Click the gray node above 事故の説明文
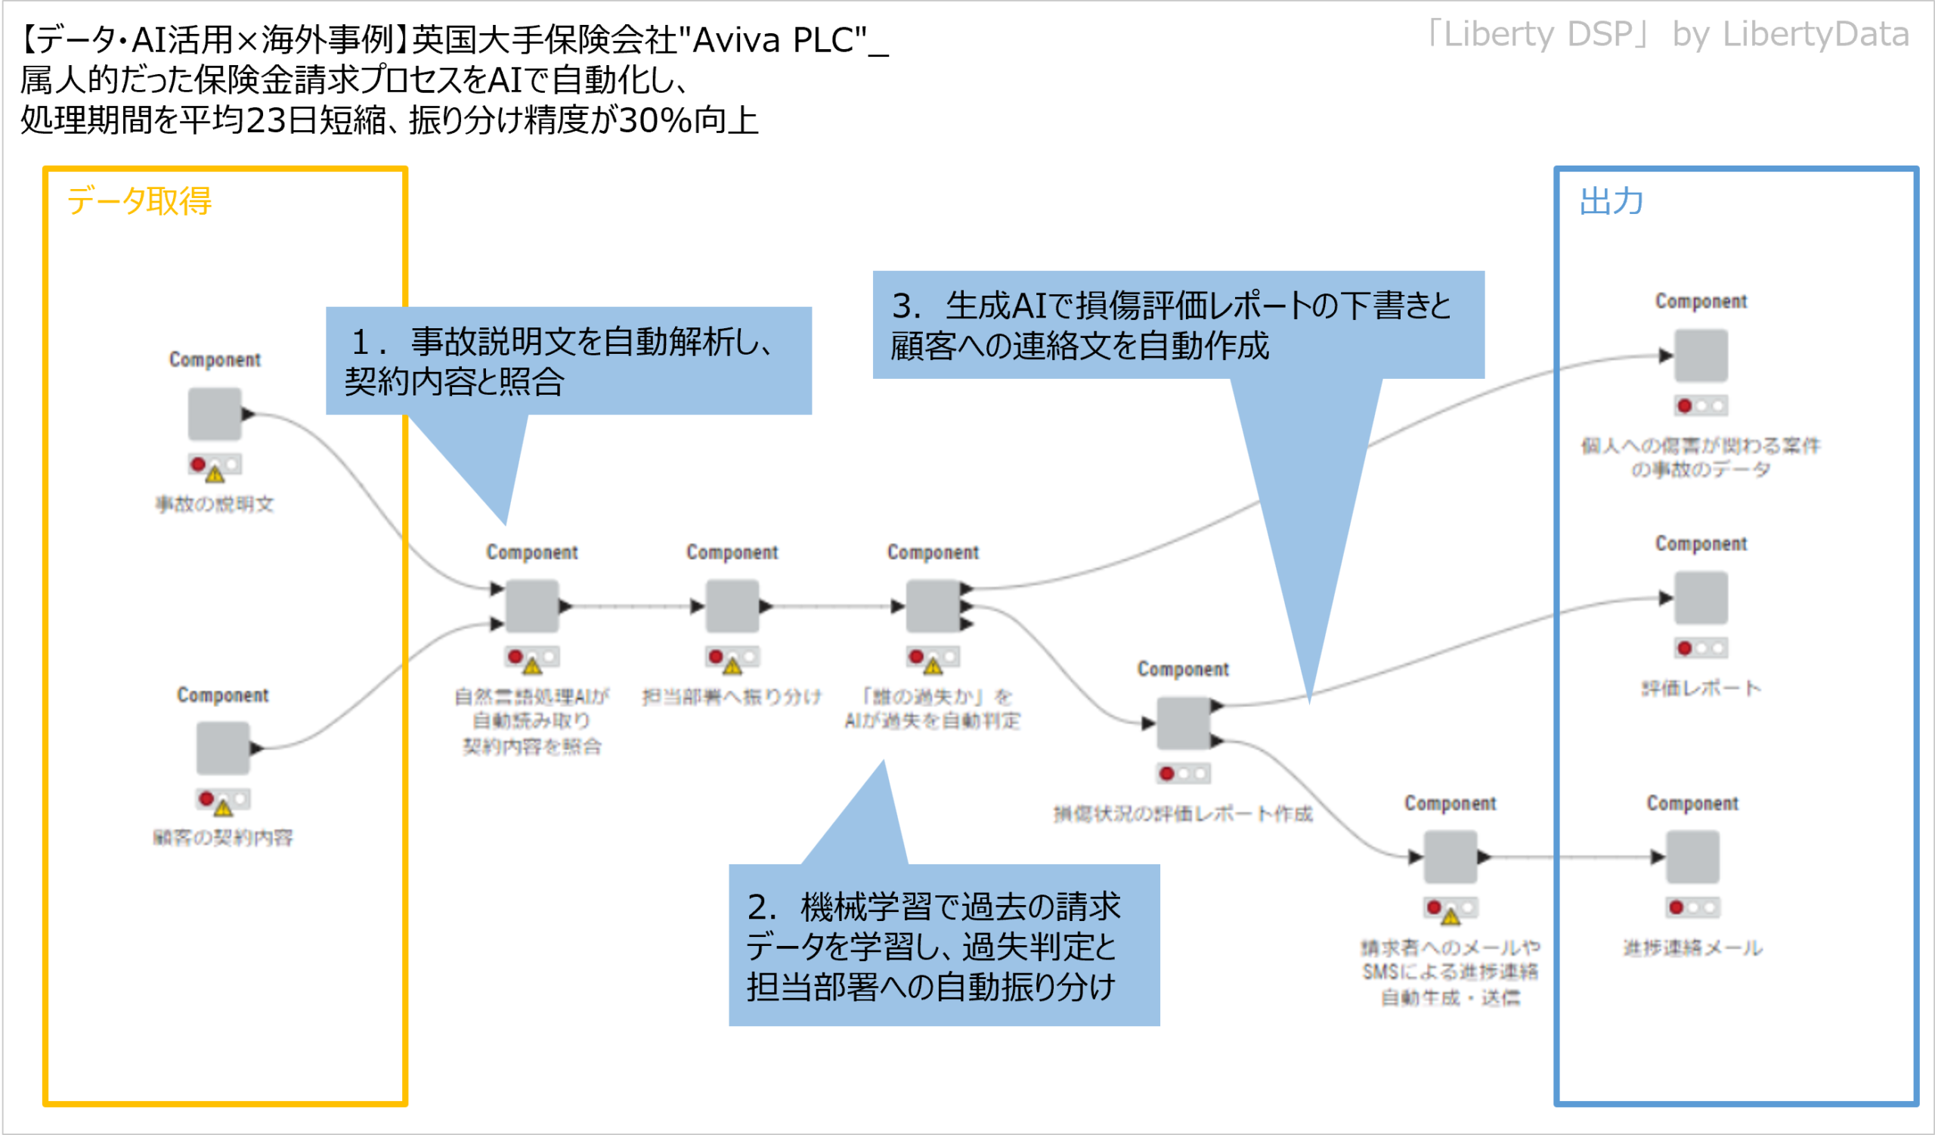click(215, 414)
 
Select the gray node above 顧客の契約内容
click(223, 748)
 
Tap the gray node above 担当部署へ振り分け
click(732, 606)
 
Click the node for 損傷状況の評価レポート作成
click(1183, 723)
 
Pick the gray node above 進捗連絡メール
click(1692, 857)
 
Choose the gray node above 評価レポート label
click(1701, 597)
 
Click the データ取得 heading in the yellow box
click(139, 201)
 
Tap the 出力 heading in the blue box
click(1611, 201)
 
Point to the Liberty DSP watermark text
click(1666, 35)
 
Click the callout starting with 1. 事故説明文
click(568, 361)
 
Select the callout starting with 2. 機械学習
click(944, 945)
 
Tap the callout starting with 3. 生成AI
click(1178, 325)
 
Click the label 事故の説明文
click(215, 504)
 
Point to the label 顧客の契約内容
click(223, 837)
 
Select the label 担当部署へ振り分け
click(732, 696)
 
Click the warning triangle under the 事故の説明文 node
click(215, 474)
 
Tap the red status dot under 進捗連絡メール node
click(1676, 907)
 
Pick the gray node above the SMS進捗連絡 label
click(1450, 857)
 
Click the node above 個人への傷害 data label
click(1701, 355)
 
